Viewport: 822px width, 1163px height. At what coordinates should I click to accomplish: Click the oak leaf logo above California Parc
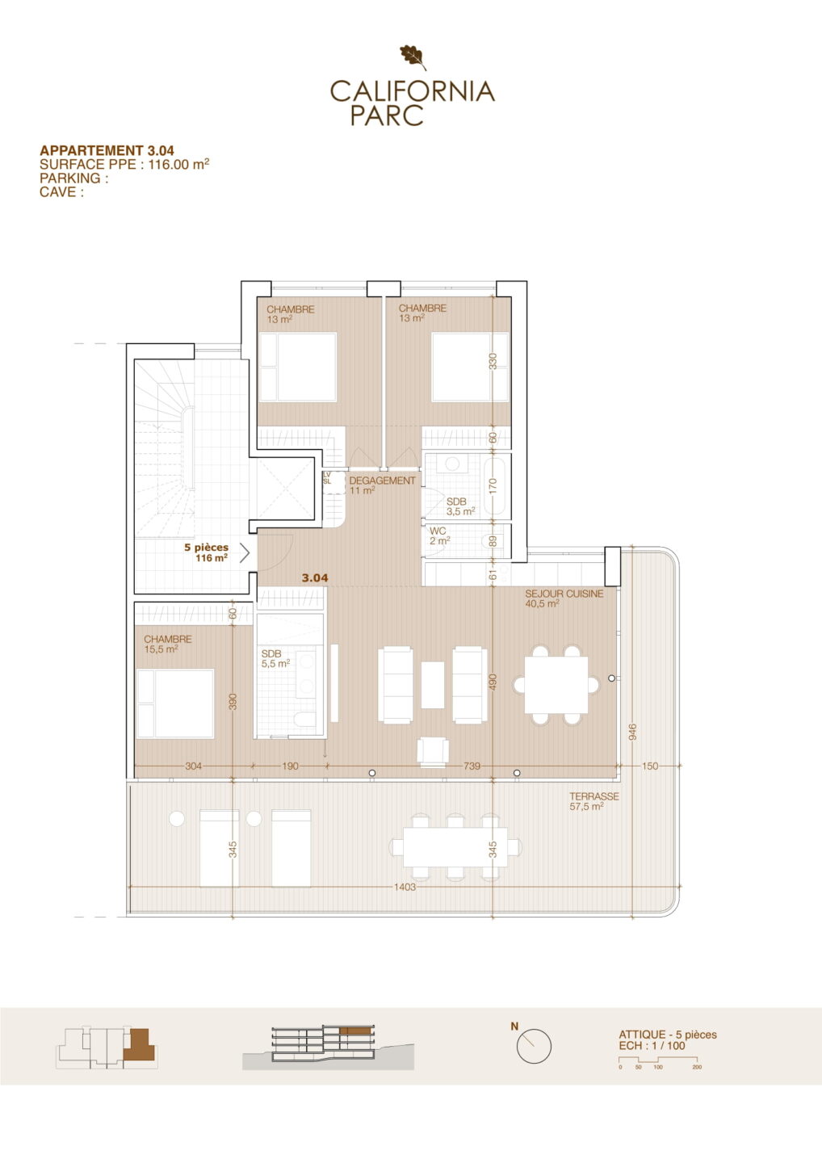coord(413,57)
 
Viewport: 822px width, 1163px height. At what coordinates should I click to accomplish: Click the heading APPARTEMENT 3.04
coord(107,150)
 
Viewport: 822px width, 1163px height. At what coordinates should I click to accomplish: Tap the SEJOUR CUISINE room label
coord(564,594)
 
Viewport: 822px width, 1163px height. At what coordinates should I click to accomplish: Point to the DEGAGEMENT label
coord(382,481)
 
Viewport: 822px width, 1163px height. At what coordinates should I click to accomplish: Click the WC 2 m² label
coord(439,536)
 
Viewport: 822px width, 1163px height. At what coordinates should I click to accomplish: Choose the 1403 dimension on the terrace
coord(405,887)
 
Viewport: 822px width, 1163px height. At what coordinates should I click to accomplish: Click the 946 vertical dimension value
coord(632,732)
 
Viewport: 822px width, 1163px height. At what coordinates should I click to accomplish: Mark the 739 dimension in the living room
coord(472,766)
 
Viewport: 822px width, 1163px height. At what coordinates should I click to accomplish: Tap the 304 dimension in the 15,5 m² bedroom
coord(193,766)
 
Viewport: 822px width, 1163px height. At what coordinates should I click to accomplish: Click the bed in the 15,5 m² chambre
coord(175,703)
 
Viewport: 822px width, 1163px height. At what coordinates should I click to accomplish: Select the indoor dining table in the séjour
coord(556,685)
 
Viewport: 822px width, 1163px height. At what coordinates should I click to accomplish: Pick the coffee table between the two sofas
coord(432,685)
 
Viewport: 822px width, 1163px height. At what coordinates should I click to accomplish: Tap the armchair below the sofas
coord(433,752)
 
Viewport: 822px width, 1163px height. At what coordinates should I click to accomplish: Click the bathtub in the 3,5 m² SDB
coord(496,485)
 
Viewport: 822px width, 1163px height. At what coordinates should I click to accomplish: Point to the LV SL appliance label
coord(326,478)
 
